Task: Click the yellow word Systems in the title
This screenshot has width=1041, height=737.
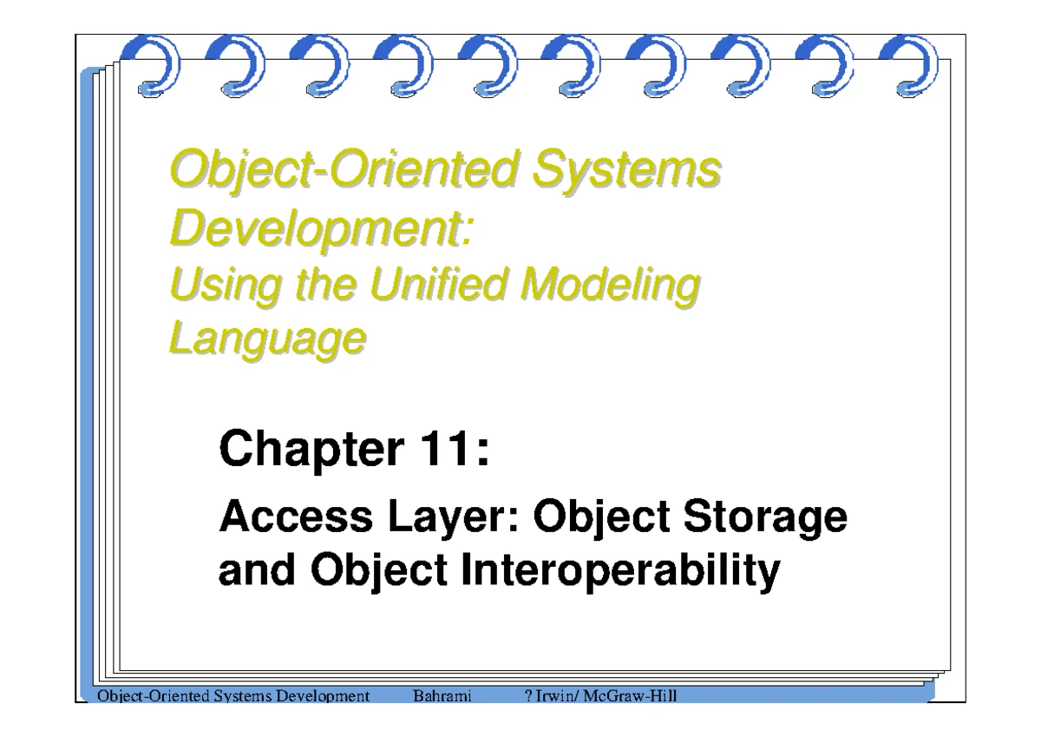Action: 626,168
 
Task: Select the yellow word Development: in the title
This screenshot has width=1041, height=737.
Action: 322,228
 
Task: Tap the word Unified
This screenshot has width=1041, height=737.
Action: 438,284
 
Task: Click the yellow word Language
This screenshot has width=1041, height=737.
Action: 268,339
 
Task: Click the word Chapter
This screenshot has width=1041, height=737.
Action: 311,450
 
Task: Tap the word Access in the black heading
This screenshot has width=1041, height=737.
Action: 296,516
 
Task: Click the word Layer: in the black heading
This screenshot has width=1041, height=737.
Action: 453,518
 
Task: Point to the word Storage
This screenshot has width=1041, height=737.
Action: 765,518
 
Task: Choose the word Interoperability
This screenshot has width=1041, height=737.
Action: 620,571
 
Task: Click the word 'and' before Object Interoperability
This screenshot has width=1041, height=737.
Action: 257,569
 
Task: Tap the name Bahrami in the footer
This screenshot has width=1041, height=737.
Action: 442,695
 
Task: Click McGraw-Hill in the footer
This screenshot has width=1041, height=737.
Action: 630,695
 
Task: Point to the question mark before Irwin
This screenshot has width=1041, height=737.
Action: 528,695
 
